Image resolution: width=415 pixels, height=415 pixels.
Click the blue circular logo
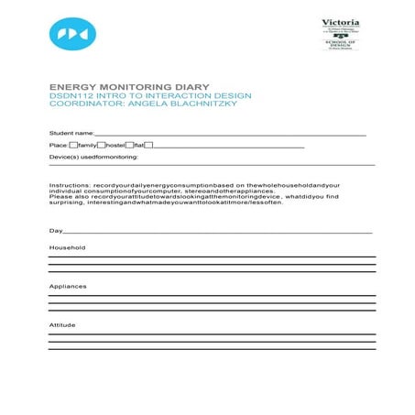pos(72,34)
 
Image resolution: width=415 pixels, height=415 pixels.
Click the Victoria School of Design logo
pos(340,34)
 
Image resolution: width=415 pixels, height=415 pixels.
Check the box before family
pos(72,145)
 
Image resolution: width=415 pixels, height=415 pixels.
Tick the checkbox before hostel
pos(101,145)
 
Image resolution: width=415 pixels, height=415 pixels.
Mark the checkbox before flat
pos(129,145)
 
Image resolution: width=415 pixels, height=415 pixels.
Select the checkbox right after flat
pos(148,145)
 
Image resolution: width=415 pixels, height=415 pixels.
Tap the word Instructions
pos(70,184)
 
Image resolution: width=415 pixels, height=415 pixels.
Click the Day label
pos(55,230)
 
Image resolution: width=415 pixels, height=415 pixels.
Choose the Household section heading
pos(67,248)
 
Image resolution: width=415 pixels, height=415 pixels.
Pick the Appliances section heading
pos(68,287)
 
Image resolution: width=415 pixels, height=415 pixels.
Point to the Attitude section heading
pos(62,325)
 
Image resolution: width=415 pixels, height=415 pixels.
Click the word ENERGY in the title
pos(72,87)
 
